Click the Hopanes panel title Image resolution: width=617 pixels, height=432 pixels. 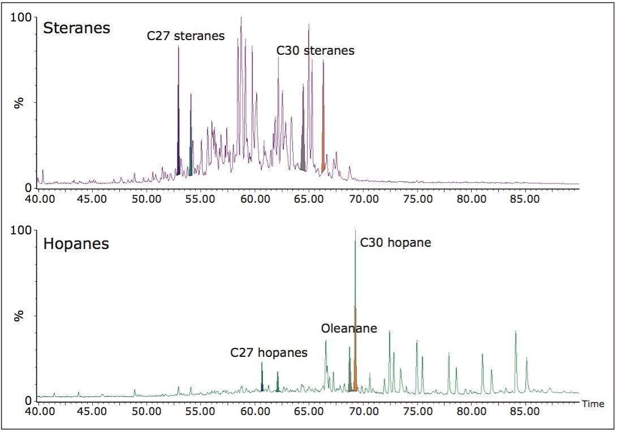[x=76, y=244]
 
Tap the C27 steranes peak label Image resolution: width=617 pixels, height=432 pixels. [x=185, y=36]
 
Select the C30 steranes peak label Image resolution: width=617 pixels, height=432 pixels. [x=315, y=51]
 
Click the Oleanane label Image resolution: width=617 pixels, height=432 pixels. [x=349, y=329]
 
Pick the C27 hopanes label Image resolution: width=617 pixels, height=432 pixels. [x=269, y=353]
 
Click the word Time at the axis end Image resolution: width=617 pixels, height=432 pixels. [x=593, y=404]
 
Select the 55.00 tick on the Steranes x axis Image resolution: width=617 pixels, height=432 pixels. [x=201, y=199]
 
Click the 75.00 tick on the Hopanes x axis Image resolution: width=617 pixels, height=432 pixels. [x=418, y=412]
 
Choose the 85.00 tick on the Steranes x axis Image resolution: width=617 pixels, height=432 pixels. [x=526, y=199]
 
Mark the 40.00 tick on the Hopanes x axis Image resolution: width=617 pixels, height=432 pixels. [x=38, y=412]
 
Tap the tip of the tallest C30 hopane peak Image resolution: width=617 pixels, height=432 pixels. [x=355, y=232]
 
